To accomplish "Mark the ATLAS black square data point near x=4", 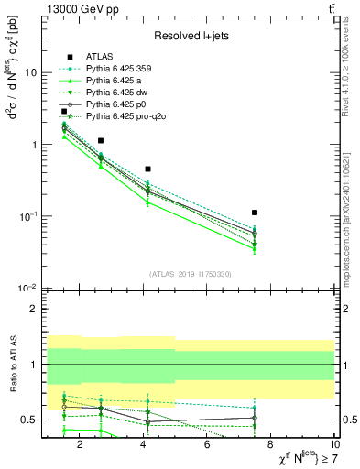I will pyautogui.click(x=147, y=169).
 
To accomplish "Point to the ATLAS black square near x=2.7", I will pyautogui.click(x=101, y=141).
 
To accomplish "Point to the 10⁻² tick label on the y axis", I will pyautogui.click(x=27, y=289).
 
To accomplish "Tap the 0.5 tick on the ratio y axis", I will pyautogui.click(x=29, y=420).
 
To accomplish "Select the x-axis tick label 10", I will pyautogui.click(x=333, y=445).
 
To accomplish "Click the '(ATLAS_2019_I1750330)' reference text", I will pyautogui.click(x=191, y=274).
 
